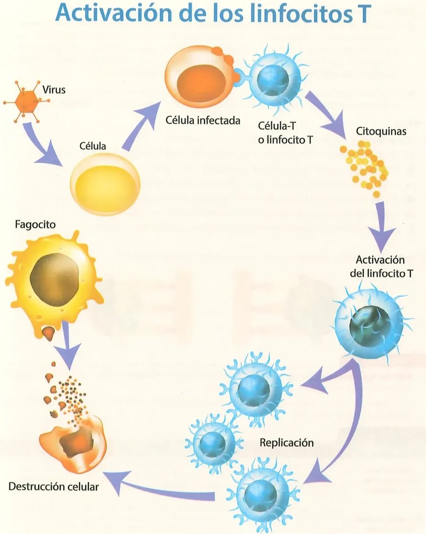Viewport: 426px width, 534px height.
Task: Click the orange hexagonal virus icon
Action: point(27,101)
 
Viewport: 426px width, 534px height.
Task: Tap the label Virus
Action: point(54,90)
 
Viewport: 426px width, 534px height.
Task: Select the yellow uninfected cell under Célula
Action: point(105,184)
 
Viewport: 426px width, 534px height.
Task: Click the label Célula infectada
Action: point(203,120)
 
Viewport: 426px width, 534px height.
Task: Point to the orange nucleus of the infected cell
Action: point(202,82)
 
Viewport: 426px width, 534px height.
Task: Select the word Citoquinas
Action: point(381,131)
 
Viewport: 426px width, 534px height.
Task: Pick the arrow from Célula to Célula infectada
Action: point(140,126)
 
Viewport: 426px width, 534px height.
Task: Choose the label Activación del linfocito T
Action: point(381,266)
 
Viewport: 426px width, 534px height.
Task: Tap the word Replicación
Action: point(287,443)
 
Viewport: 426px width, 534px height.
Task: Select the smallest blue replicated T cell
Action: point(212,443)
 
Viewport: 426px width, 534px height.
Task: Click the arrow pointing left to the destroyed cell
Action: point(160,489)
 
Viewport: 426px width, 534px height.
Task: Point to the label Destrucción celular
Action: point(53,487)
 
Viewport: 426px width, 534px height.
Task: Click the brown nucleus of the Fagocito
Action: point(54,280)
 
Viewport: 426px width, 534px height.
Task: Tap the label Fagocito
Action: point(35,225)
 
